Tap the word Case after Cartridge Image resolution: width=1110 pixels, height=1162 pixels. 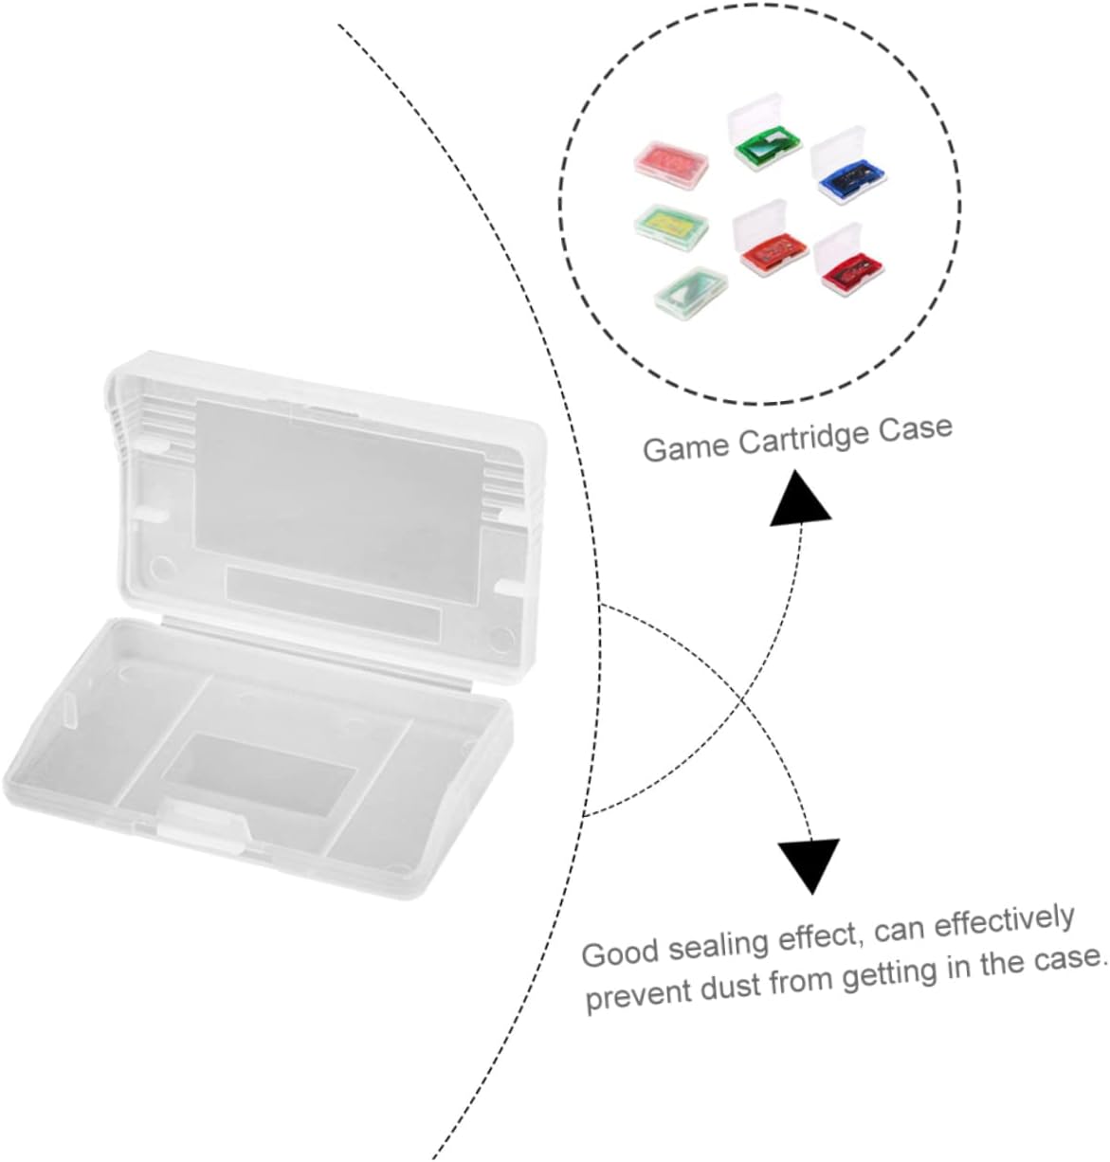coord(915,427)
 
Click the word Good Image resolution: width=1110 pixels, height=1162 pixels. coord(621,952)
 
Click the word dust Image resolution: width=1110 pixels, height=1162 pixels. coord(731,987)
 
